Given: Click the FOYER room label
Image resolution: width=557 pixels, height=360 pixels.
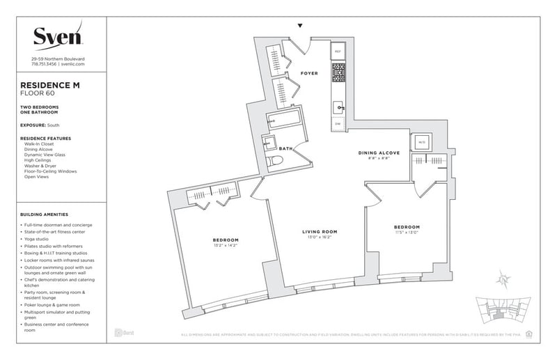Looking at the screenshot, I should (309, 73).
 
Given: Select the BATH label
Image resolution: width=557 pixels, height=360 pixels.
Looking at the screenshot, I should (286, 148).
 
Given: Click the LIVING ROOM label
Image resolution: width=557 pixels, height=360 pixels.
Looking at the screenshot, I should (320, 231).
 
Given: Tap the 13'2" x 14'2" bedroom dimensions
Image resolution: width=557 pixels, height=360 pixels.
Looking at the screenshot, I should (226, 245).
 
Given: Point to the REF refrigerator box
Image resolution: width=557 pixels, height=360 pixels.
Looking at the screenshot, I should (338, 52).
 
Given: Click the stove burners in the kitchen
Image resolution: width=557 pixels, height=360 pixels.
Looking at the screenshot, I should (338, 71).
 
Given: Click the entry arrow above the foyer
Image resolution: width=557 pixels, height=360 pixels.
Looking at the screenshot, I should (300, 26).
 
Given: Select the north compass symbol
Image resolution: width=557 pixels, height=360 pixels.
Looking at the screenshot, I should (502, 280).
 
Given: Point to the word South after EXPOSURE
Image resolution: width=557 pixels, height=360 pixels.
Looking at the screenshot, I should (53, 125).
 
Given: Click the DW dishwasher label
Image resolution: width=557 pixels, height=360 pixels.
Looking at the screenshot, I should (338, 123).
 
